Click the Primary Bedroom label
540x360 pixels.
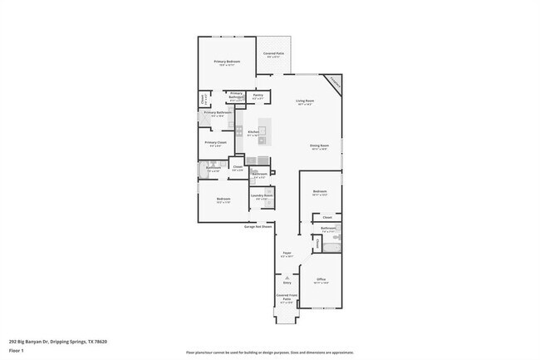tap(227, 62)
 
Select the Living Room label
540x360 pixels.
tap(305, 101)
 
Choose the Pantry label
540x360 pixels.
tap(258, 95)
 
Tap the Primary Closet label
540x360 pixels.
tap(216, 142)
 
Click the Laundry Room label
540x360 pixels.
tap(262, 197)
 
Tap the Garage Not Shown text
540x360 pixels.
tap(258, 226)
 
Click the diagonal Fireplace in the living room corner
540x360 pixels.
tap(334, 81)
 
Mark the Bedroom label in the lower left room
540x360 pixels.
tap(223, 200)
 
